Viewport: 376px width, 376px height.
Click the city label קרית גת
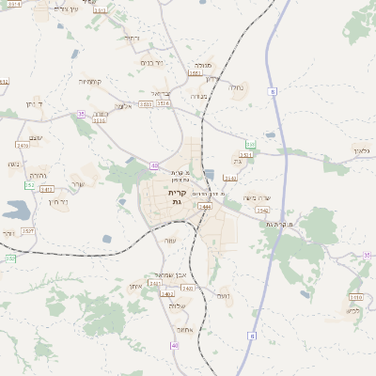[x=177, y=196]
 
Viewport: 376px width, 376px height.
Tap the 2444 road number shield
[x=205, y=206]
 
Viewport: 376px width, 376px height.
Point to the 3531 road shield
[x=245, y=154]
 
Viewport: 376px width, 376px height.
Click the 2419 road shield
[x=23, y=146]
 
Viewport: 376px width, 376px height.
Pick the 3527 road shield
[x=28, y=229]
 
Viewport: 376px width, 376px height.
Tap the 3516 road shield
[x=164, y=104]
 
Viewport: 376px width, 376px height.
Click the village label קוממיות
[x=90, y=82]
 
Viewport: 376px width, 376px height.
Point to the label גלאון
[x=363, y=149]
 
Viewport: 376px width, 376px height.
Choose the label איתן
[x=135, y=285]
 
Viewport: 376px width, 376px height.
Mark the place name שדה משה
[x=256, y=197]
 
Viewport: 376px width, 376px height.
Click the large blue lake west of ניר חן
[x=16, y=210]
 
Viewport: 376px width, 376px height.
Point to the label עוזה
[x=170, y=242]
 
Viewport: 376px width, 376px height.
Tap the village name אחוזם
[x=183, y=329]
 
